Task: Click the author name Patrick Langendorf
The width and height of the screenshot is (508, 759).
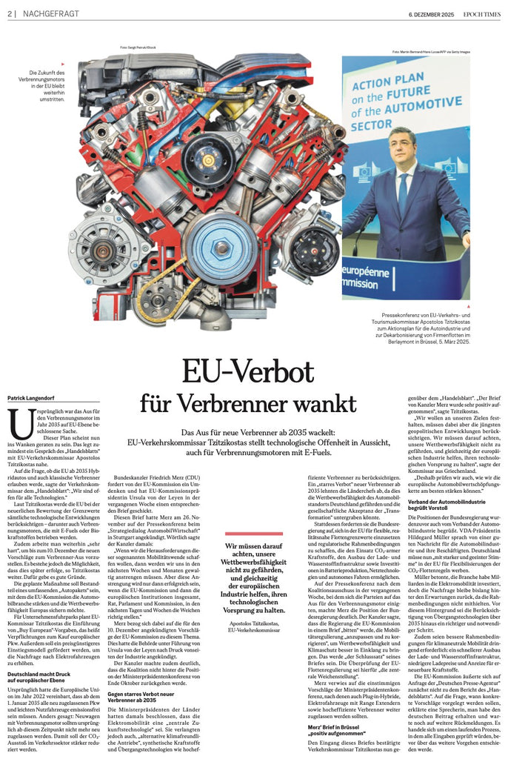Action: [x=32, y=399]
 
